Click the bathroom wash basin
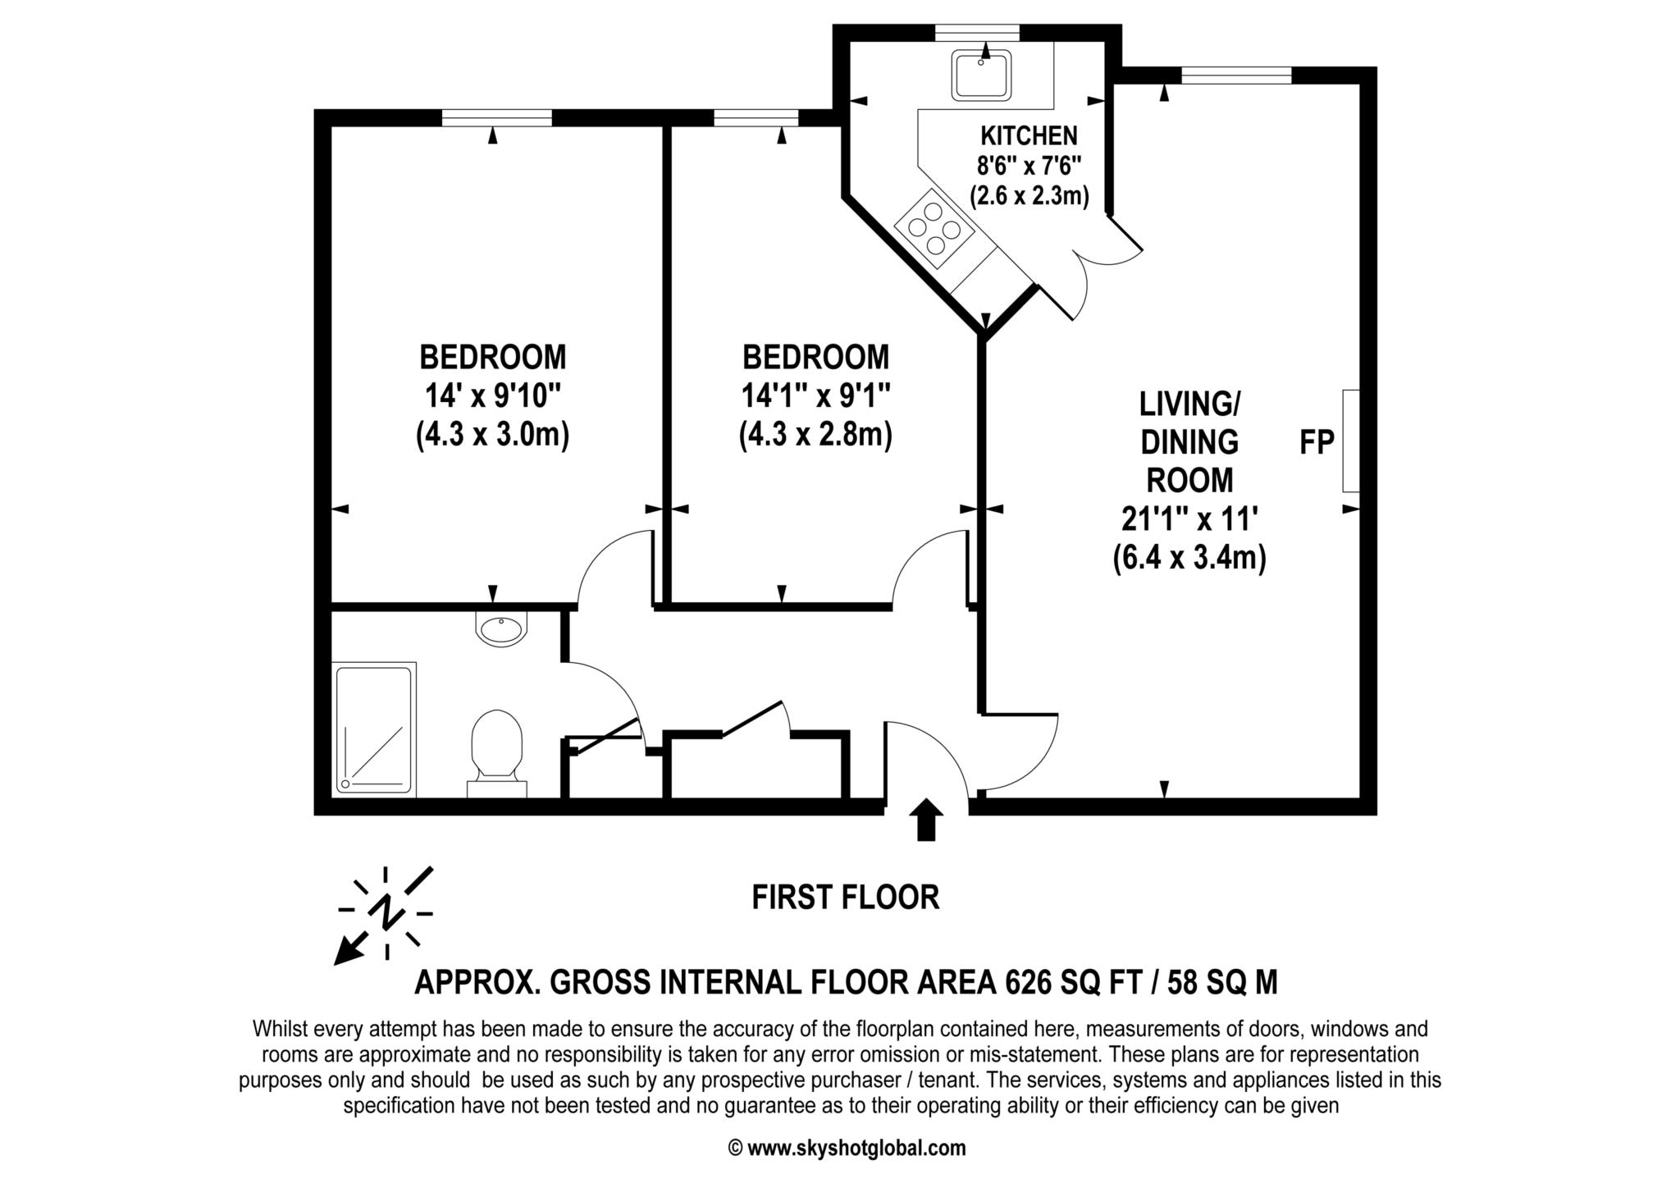(x=501, y=628)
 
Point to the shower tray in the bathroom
(x=374, y=729)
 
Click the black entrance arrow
(x=927, y=819)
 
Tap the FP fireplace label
(x=1317, y=442)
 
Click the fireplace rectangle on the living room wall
(x=1350, y=441)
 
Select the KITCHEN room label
(x=1029, y=135)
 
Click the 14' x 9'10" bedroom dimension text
(x=492, y=396)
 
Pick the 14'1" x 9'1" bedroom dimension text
(x=815, y=396)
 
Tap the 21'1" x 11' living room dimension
(x=1189, y=519)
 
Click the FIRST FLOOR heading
(x=846, y=898)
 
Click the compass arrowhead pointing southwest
(x=348, y=951)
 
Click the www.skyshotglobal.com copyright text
(x=847, y=1148)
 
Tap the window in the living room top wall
(x=1237, y=75)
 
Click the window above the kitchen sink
(x=978, y=33)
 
